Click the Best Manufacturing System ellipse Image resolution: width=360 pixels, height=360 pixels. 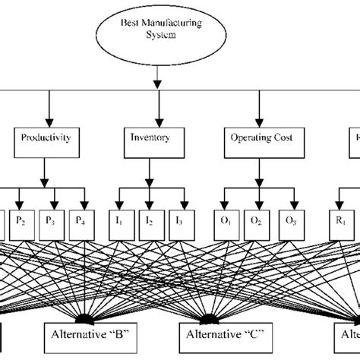(x=156, y=30)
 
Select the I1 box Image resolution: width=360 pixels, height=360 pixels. (x=119, y=223)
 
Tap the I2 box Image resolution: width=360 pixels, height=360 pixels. (x=150, y=223)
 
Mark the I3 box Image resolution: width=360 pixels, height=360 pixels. (x=179, y=223)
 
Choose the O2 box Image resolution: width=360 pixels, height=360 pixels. (x=257, y=223)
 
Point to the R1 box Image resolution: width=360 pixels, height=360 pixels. (x=342, y=223)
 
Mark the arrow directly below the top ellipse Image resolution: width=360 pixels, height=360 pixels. (x=156, y=74)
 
